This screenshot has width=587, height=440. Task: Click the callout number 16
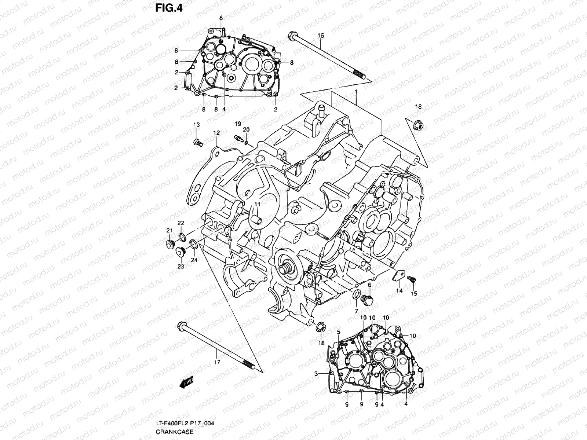coord(321,35)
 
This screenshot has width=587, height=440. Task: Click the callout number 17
coord(216,362)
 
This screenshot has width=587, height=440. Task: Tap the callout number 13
coord(196,125)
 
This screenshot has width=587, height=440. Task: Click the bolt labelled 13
coord(198,142)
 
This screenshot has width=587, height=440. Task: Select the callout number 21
coord(169,230)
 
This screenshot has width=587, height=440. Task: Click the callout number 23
coord(181,267)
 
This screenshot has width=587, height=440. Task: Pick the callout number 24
coord(194,260)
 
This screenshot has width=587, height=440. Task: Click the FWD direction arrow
coord(186,382)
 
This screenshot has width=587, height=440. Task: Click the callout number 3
coord(316,374)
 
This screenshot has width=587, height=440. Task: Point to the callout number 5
coord(338,332)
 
